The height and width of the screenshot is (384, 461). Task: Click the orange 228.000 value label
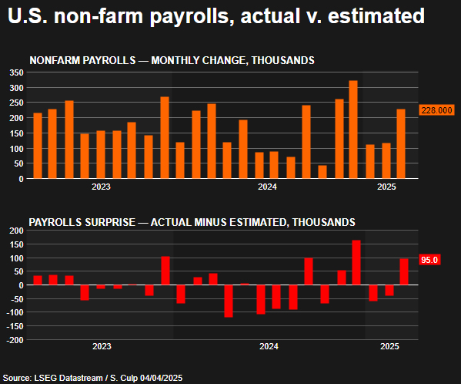click(436, 110)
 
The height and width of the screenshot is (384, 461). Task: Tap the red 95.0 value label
click(429, 260)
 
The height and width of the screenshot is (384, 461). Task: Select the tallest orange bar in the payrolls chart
click(353, 130)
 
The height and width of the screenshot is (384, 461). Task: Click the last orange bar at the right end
click(401, 143)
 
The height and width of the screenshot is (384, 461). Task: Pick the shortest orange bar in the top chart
click(322, 172)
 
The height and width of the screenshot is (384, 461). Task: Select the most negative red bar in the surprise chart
click(228, 301)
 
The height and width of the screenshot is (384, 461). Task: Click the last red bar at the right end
click(404, 271)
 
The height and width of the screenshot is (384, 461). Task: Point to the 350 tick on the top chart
click(16, 72)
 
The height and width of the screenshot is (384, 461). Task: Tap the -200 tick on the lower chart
click(14, 340)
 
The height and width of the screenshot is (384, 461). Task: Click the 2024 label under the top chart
click(267, 187)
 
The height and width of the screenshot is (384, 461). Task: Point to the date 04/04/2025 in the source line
click(160, 378)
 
